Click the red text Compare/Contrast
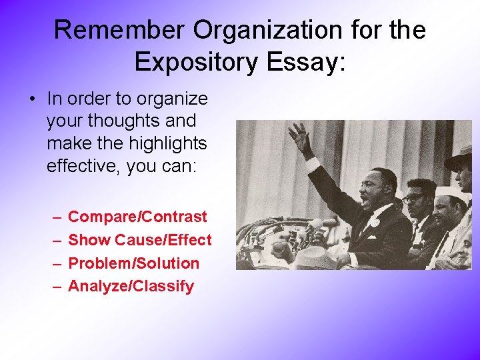137,217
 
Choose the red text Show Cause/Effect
140,240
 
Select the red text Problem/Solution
133,263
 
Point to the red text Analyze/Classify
131,287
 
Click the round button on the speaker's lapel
377,223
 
